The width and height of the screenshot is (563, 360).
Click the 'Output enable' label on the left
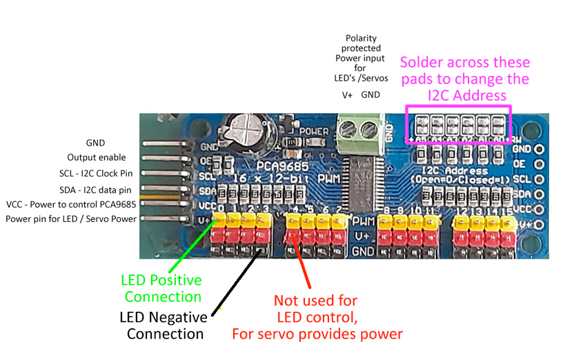[x=96, y=157]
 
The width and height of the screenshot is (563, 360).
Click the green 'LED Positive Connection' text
[x=161, y=288]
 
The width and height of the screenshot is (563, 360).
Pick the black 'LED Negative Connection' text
[x=164, y=326]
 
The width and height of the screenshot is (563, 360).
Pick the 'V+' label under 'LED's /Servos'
[x=348, y=94]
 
